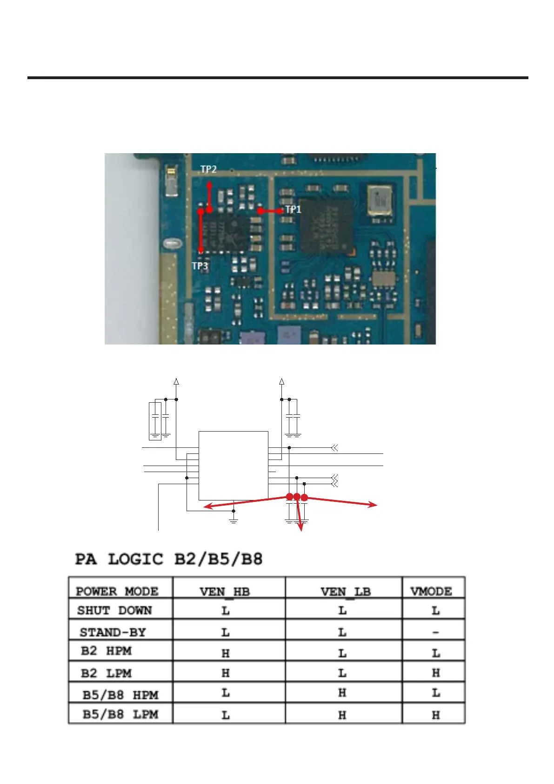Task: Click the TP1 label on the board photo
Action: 293,210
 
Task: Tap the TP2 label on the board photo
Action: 208,169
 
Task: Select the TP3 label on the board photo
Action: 200,266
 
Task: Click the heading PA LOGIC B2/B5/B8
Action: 169,559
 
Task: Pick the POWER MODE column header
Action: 117,591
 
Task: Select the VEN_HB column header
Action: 225,592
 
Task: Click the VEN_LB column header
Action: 345,592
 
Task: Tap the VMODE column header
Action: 431,591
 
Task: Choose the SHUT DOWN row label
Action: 114,610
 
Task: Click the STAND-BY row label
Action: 113,632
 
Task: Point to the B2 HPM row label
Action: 106,651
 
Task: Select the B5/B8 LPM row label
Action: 120,714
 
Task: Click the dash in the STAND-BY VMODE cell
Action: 435,632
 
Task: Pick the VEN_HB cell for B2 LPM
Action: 226,673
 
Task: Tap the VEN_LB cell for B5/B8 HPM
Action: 342,693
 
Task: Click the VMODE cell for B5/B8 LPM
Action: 436,715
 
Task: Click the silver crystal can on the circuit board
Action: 380,201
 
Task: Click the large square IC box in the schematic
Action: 233,466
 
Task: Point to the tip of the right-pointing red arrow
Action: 376,505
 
